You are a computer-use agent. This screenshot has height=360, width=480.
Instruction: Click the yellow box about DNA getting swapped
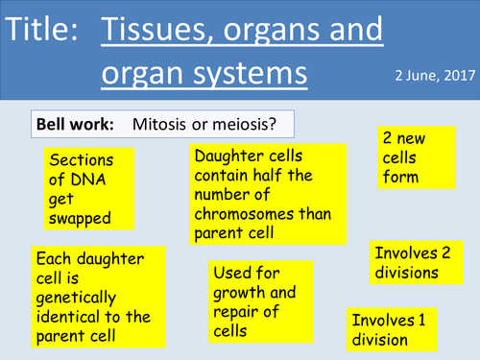[x=79, y=188]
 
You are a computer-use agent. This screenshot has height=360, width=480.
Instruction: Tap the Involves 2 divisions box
[x=410, y=262]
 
